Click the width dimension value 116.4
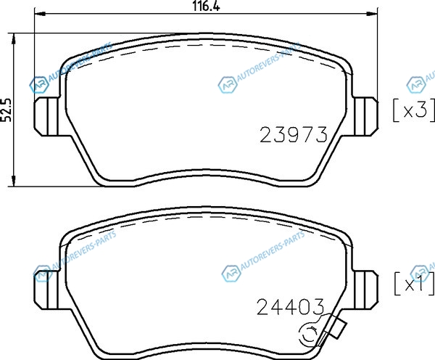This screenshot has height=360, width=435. click(x=206, y=6)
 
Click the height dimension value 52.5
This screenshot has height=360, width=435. click(x=6, y=110)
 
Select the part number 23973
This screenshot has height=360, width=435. click(x=294, y=134)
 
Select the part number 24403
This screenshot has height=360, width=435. click(x=291, y=307)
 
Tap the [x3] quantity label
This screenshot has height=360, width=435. click(x=414, y=110)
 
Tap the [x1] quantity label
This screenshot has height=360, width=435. click(x=414, y=284)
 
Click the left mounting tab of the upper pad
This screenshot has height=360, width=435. click(x=46, y=116)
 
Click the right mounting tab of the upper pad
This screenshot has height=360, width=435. click(x=366, y=116)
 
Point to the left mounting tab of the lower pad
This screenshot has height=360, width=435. click(x=46, y=290)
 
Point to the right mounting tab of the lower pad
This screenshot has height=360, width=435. click(x=366, y=290)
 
